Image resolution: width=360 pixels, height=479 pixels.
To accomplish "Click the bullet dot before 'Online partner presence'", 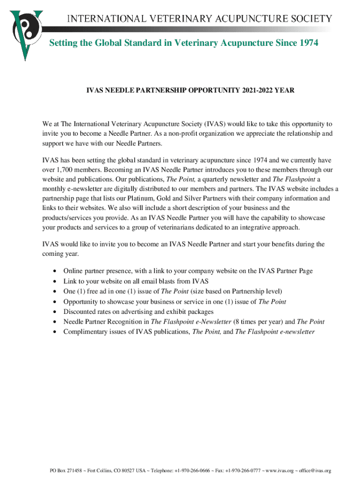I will [56, 271].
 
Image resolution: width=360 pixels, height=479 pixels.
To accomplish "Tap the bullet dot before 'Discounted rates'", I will [56, 312].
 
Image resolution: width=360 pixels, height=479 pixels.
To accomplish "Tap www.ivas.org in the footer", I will [279, 471].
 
